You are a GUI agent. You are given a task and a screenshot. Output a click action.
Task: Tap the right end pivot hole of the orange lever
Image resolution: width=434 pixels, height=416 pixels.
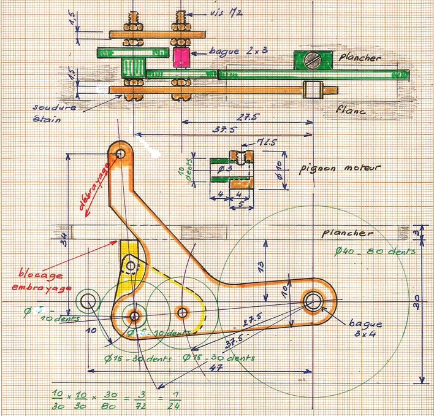coord(314,301)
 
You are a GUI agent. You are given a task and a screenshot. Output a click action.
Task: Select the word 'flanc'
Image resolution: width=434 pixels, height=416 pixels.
coord(352,111)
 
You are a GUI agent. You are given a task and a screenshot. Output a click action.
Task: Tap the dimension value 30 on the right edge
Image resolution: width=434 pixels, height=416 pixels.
coord(416,302)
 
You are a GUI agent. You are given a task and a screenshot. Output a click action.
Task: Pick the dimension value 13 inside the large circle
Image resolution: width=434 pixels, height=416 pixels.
coord(261,266)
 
